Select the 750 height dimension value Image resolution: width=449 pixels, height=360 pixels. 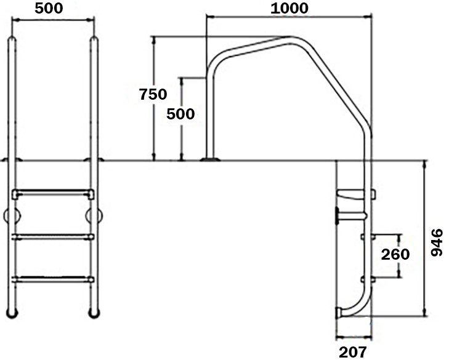153,94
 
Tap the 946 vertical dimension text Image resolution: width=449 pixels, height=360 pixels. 436,243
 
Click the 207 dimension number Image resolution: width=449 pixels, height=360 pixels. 353,352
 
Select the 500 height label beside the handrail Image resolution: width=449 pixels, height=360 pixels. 181,114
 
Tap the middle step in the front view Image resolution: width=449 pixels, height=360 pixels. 53,236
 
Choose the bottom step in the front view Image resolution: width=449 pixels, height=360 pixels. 53,279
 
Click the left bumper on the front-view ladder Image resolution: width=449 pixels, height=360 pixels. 12,215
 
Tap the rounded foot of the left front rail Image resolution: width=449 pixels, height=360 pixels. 12,313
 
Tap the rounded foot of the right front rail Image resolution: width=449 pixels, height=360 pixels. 94,313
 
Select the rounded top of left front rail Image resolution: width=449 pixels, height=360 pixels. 12,41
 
